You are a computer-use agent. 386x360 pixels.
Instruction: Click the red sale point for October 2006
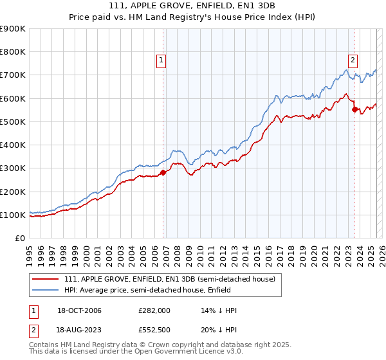click(163, 172)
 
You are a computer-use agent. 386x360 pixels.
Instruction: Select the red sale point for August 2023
click(354, 109)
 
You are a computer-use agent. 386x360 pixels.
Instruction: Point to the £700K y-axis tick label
click(13, 75)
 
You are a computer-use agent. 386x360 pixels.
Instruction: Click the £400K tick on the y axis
click(13, 145)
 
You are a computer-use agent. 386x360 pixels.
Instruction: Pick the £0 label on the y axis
click(20, 239)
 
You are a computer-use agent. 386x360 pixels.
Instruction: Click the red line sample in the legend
click(45, 279)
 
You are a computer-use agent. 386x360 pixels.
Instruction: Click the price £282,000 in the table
click(154, 310)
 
